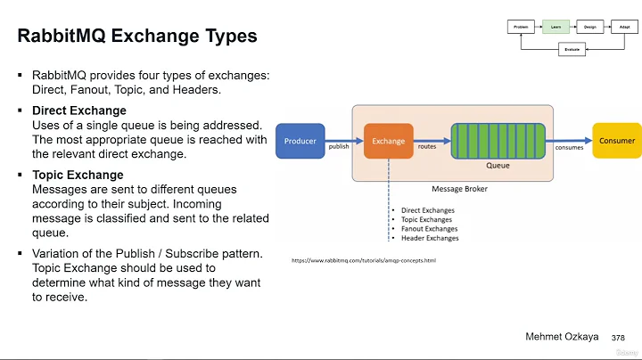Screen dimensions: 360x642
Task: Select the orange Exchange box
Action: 388,141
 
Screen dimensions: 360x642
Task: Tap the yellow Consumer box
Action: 617,141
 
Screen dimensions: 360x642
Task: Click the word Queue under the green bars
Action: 498,166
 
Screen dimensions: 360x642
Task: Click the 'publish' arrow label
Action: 339,147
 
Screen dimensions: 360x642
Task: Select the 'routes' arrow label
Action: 427,146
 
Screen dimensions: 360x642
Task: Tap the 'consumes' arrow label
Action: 569,147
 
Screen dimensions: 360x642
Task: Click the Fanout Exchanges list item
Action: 428,229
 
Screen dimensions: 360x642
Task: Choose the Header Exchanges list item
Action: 429,239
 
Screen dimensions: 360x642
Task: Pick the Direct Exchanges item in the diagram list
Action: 427,211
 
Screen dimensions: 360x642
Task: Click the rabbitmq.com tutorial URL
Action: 364,260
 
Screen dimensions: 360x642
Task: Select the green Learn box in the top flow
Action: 555,27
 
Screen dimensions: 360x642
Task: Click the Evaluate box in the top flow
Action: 571,50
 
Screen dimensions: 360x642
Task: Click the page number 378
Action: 618,339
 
